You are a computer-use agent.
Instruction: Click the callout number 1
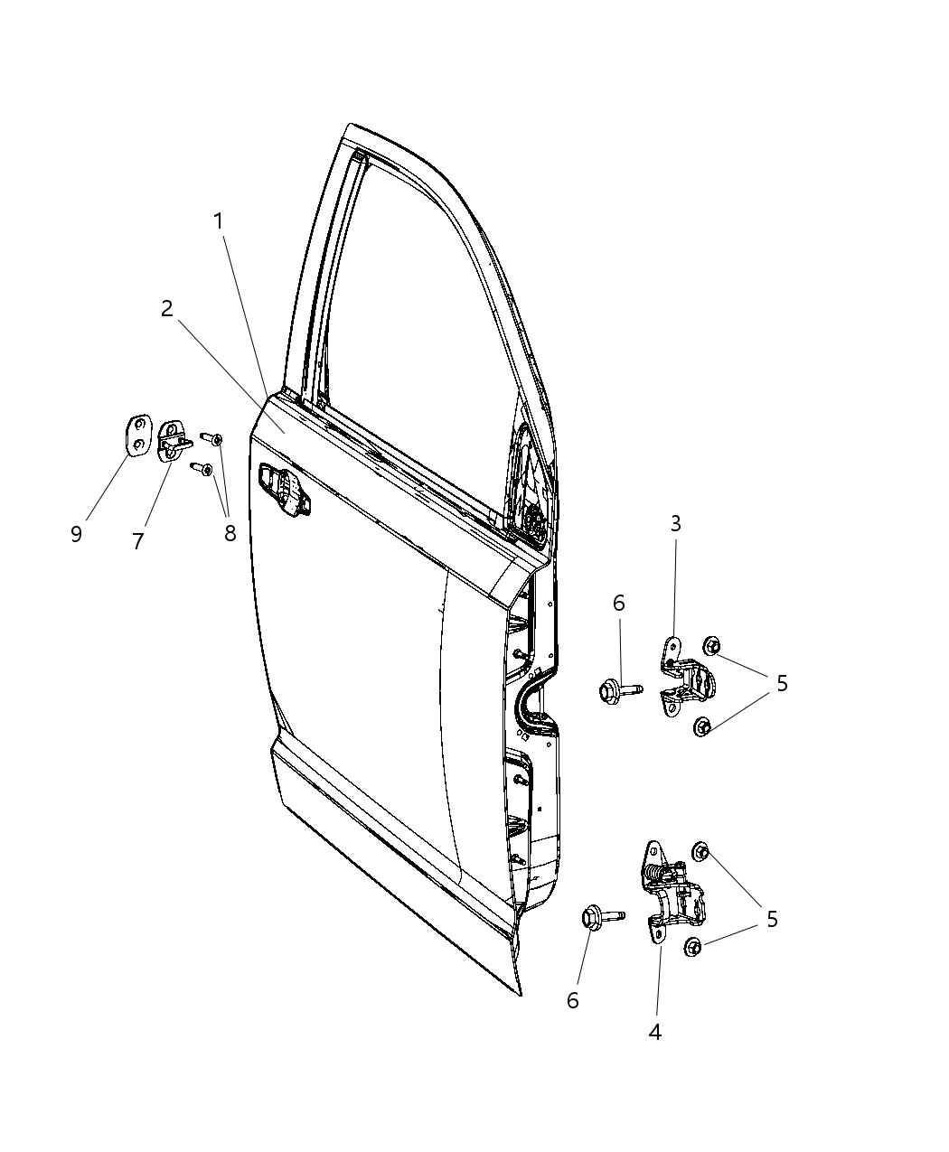click(218, 221)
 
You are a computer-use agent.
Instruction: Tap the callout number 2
click(166, 309)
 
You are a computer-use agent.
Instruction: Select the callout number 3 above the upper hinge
click(675, 523)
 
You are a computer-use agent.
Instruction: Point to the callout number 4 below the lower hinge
click(655, 1031)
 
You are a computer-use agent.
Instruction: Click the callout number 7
click(138, 541)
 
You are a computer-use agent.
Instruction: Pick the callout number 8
click(230, 533)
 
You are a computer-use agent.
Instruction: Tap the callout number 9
click(76, 533)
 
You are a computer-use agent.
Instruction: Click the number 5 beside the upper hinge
click(782, 683)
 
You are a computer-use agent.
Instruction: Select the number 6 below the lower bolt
click(572, 1000)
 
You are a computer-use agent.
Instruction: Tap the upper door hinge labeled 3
click(683, 677)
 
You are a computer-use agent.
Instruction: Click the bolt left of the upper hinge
click(618, 691)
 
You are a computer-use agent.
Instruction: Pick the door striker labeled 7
click(173, 441)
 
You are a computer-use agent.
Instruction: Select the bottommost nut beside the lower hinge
click(693, 947)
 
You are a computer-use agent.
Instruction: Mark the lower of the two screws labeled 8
click(202, 469)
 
